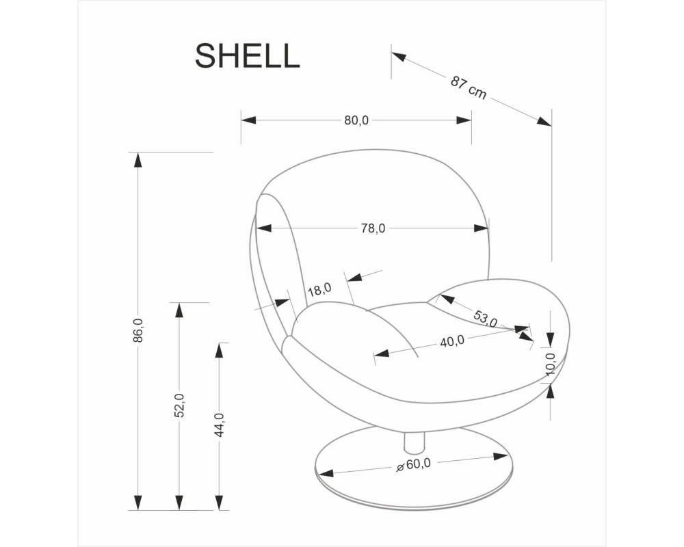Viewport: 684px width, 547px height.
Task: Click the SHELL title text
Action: coord(248,55)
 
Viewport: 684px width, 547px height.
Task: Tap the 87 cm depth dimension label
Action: coord(469,88)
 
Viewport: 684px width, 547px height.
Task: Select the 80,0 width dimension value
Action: coord(356,120)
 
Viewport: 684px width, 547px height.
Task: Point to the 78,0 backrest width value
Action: coord(373,228)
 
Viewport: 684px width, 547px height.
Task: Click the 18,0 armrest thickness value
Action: coord(319,290)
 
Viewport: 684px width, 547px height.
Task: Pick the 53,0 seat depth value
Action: coord(485,319)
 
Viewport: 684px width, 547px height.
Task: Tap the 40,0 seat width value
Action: coord(452,341)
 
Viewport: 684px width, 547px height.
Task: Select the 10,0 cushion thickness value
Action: coord(551,363)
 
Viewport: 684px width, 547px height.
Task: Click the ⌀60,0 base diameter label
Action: coord(413,464)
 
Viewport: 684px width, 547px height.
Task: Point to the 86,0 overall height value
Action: coord(138,330)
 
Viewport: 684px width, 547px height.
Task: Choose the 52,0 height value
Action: coord(179,405)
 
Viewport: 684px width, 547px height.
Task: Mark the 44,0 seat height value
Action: coord(220,425)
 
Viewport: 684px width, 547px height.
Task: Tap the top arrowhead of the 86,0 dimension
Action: coord(138,159)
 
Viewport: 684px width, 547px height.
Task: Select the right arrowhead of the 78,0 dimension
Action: coord(481,228)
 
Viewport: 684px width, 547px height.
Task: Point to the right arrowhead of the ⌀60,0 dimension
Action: coord(501,457)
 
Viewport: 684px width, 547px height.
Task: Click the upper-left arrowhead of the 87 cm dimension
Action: coord(399,56)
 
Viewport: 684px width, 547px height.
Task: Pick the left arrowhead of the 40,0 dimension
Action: coord(382,353)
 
